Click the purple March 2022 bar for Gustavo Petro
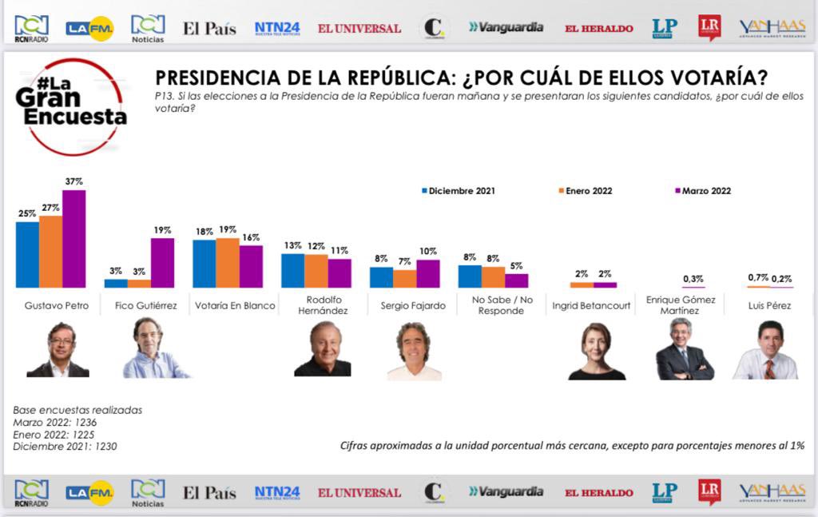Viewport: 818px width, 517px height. (73, 238)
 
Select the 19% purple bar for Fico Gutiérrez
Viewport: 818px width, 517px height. (162, 262)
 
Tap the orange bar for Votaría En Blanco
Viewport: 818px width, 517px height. (228, 262)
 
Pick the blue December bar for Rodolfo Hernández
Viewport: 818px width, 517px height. (292, 270)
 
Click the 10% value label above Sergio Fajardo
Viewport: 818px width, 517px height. (428, 252)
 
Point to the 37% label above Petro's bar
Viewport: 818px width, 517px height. (74, 182)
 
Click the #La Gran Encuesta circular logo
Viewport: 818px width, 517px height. (70, 107)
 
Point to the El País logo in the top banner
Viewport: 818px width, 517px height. (209, 29)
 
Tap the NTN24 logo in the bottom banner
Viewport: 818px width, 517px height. (277, 492)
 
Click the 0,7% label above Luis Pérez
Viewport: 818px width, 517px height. (758, 277)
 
